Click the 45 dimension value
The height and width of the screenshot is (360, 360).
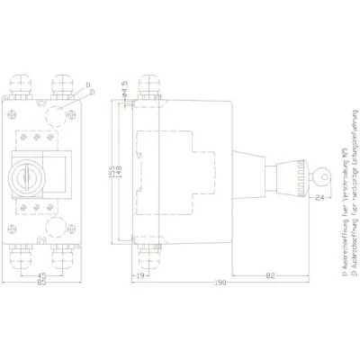click(44, 276)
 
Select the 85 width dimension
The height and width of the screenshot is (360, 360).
click(43, 286)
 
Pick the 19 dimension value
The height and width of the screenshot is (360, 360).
click(142, 276)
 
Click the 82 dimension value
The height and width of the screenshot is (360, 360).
click(270, 276)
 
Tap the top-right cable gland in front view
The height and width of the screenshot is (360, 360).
click(64, 86)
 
